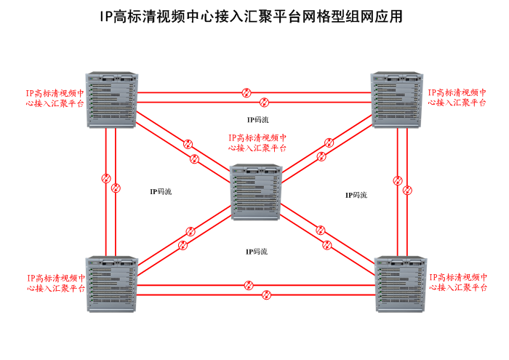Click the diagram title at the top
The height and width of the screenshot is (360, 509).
click(x=251, y=17)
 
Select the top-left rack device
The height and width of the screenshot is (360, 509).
click(x=111, y=99)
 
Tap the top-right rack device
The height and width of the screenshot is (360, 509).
click(x=396, y=99)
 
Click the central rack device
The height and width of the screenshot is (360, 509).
click(x=254, y=193)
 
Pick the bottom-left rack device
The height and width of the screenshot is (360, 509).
click(x=111, y=284)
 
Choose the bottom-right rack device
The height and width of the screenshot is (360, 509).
click(x=399, y=284)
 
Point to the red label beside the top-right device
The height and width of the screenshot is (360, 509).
click(x=457, y=98)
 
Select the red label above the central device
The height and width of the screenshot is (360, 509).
click(x=257, y=142)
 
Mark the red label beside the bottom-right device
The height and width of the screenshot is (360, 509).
click(x=458, y=283)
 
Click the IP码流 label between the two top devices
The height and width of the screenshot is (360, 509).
click(x=257, y=120)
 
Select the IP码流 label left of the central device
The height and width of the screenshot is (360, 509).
click(x=161, y=192)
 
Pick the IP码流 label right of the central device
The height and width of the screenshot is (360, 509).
click(x=356, y=195)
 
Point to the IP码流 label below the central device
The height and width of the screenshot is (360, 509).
click(x=256, y=252)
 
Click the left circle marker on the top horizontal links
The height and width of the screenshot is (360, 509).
click(x=247, y=92)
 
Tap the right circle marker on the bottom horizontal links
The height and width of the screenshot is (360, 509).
click(x=266, y=295)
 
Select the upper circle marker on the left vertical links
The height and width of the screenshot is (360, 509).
click(x=106, y=177)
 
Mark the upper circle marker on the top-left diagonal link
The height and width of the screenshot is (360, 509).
click(x=189, y=143)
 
